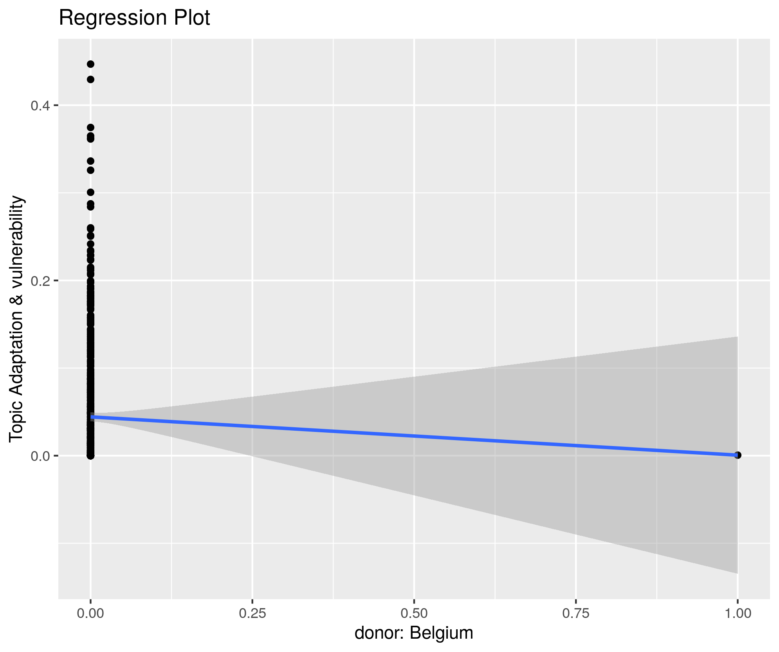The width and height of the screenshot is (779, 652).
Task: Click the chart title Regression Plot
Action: coord(134,18)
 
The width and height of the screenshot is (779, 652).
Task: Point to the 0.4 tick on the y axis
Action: coord(39,106)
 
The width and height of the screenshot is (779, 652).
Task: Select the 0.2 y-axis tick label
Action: coord(39,281)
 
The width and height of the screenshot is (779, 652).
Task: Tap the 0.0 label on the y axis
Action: coord(39,456)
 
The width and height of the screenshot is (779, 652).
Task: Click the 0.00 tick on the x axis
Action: coord(90,613)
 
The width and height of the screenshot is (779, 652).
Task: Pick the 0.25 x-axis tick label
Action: coord(252,613)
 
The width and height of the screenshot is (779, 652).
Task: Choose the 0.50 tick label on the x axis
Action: coord(414,613)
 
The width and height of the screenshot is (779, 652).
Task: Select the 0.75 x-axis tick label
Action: coord(576,613)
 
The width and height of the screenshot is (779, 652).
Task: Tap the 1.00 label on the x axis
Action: coord(738,613)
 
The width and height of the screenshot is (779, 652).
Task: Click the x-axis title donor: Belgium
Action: coord(414,633)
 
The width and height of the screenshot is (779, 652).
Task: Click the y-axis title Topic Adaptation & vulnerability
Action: coord(16,319)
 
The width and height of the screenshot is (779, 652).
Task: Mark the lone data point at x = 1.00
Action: coord(738,455)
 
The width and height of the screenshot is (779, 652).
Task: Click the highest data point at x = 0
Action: coord(90,64)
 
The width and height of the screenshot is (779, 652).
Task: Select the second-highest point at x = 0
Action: coord(90,79)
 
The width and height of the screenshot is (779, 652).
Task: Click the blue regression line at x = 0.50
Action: coord(414,436)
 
